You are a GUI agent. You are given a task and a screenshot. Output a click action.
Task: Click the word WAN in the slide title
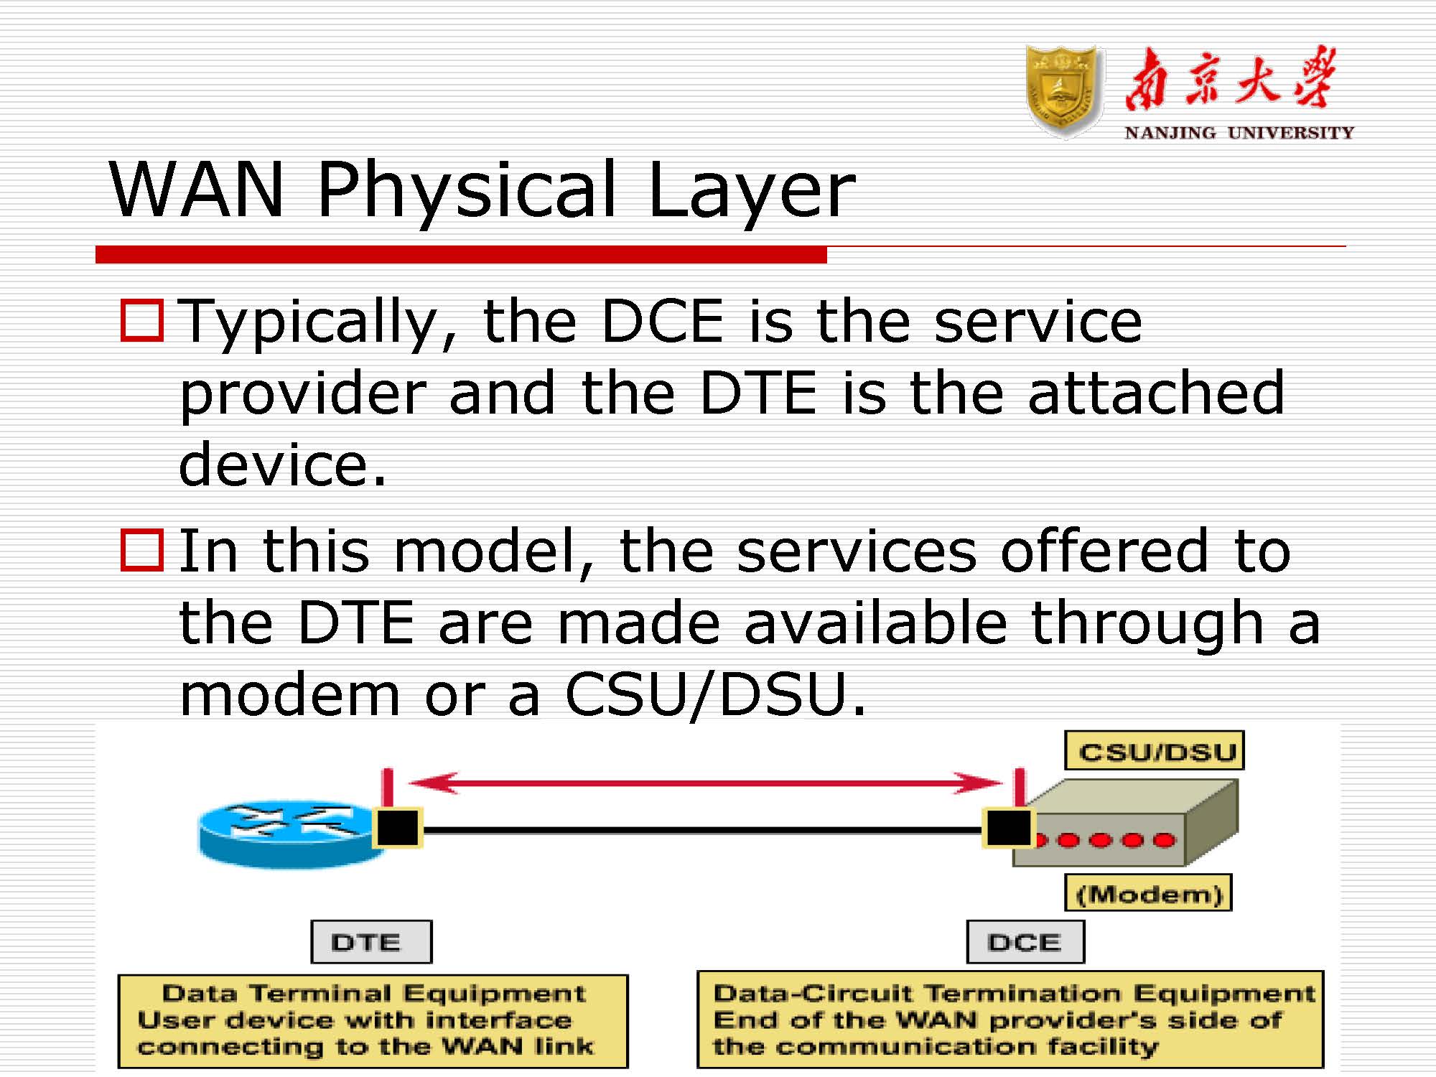196,189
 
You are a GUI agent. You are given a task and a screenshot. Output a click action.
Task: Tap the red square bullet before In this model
142,550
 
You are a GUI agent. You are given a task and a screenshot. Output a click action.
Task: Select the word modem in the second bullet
289,695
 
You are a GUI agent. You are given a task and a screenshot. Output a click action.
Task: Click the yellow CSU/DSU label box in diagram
1155,751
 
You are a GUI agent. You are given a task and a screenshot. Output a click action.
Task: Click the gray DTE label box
371,941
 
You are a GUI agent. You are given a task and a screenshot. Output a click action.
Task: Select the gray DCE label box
1025,941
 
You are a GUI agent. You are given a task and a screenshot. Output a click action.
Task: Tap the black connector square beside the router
398,827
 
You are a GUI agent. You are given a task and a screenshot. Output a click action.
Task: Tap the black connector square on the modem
1008,827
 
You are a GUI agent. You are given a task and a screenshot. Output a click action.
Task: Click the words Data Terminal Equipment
373,993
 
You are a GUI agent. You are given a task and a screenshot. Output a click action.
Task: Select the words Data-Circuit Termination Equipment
1014,993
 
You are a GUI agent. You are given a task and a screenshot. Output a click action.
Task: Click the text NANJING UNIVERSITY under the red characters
1239,133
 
